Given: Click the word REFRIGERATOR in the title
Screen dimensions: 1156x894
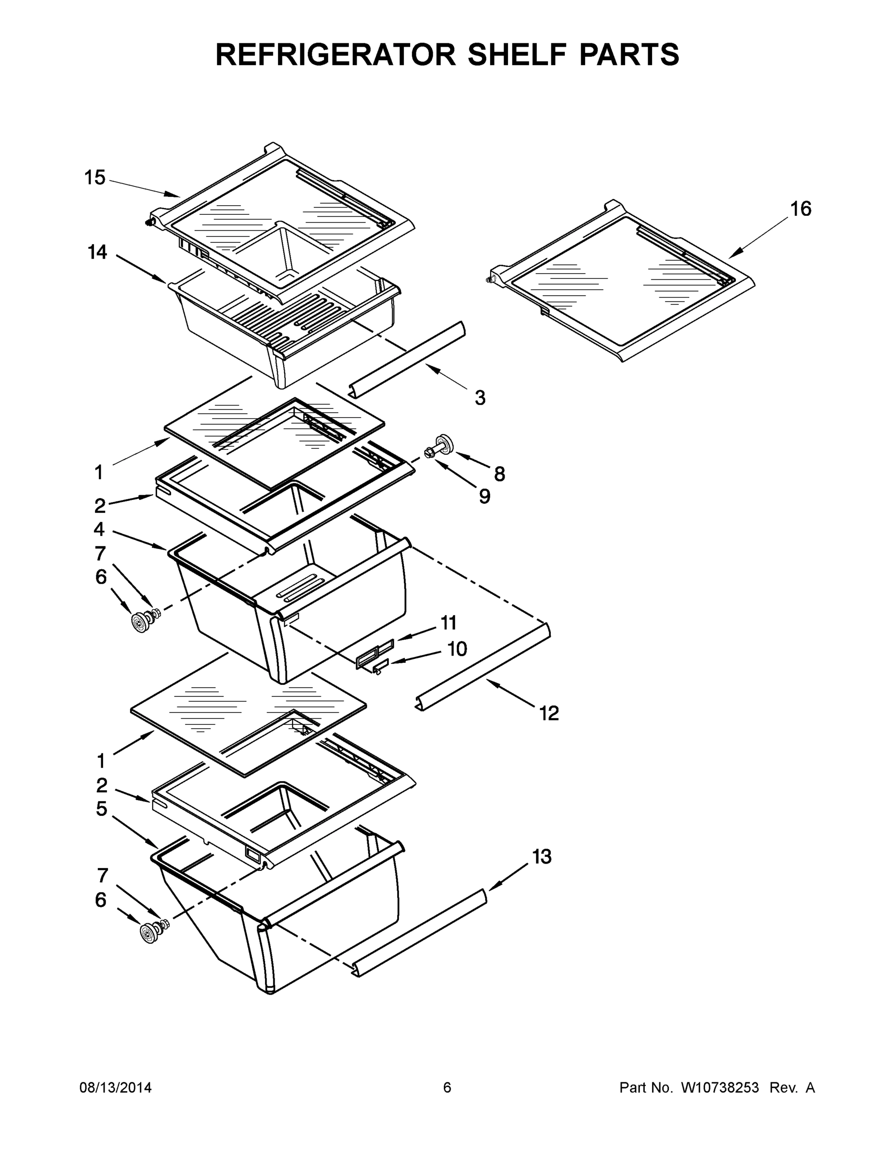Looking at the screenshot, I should point(335,54).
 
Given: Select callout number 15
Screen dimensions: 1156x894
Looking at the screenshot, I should point(95,177).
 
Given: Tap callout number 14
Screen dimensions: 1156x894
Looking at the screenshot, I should point(97,252).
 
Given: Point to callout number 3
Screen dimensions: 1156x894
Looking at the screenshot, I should point(480,397).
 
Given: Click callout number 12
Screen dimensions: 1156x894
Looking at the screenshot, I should point(549,713).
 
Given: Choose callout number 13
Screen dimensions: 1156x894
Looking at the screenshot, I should point(542,856).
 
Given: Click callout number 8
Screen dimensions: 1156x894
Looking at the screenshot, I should point(499,474).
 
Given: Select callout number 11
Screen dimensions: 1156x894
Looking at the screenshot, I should point(449,623).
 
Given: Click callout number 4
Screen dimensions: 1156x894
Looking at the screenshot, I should point(99,529).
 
